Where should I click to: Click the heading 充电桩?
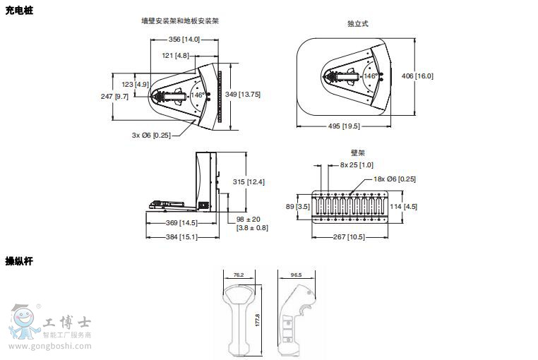point(19,10)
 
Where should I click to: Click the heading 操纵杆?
point(19,261)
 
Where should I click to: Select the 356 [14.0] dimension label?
point(184,40)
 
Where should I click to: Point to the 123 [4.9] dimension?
point(130,85)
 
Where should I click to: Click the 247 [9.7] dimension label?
point(114,96)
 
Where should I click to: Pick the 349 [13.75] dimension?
point(242,95)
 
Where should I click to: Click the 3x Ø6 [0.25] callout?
point(151,135)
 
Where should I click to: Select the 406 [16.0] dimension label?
point(417,76)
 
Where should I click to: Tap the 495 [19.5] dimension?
point(344,126)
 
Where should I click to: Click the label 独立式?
point(358,23)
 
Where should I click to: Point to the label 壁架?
point(357,152)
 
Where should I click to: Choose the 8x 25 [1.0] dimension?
point(357,165)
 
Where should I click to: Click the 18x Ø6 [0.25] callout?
point(395,179)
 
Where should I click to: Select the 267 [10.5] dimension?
point(349,236)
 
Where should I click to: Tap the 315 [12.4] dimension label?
point(249,181)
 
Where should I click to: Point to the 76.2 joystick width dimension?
point(239,275)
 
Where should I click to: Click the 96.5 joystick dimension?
point(296,275)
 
